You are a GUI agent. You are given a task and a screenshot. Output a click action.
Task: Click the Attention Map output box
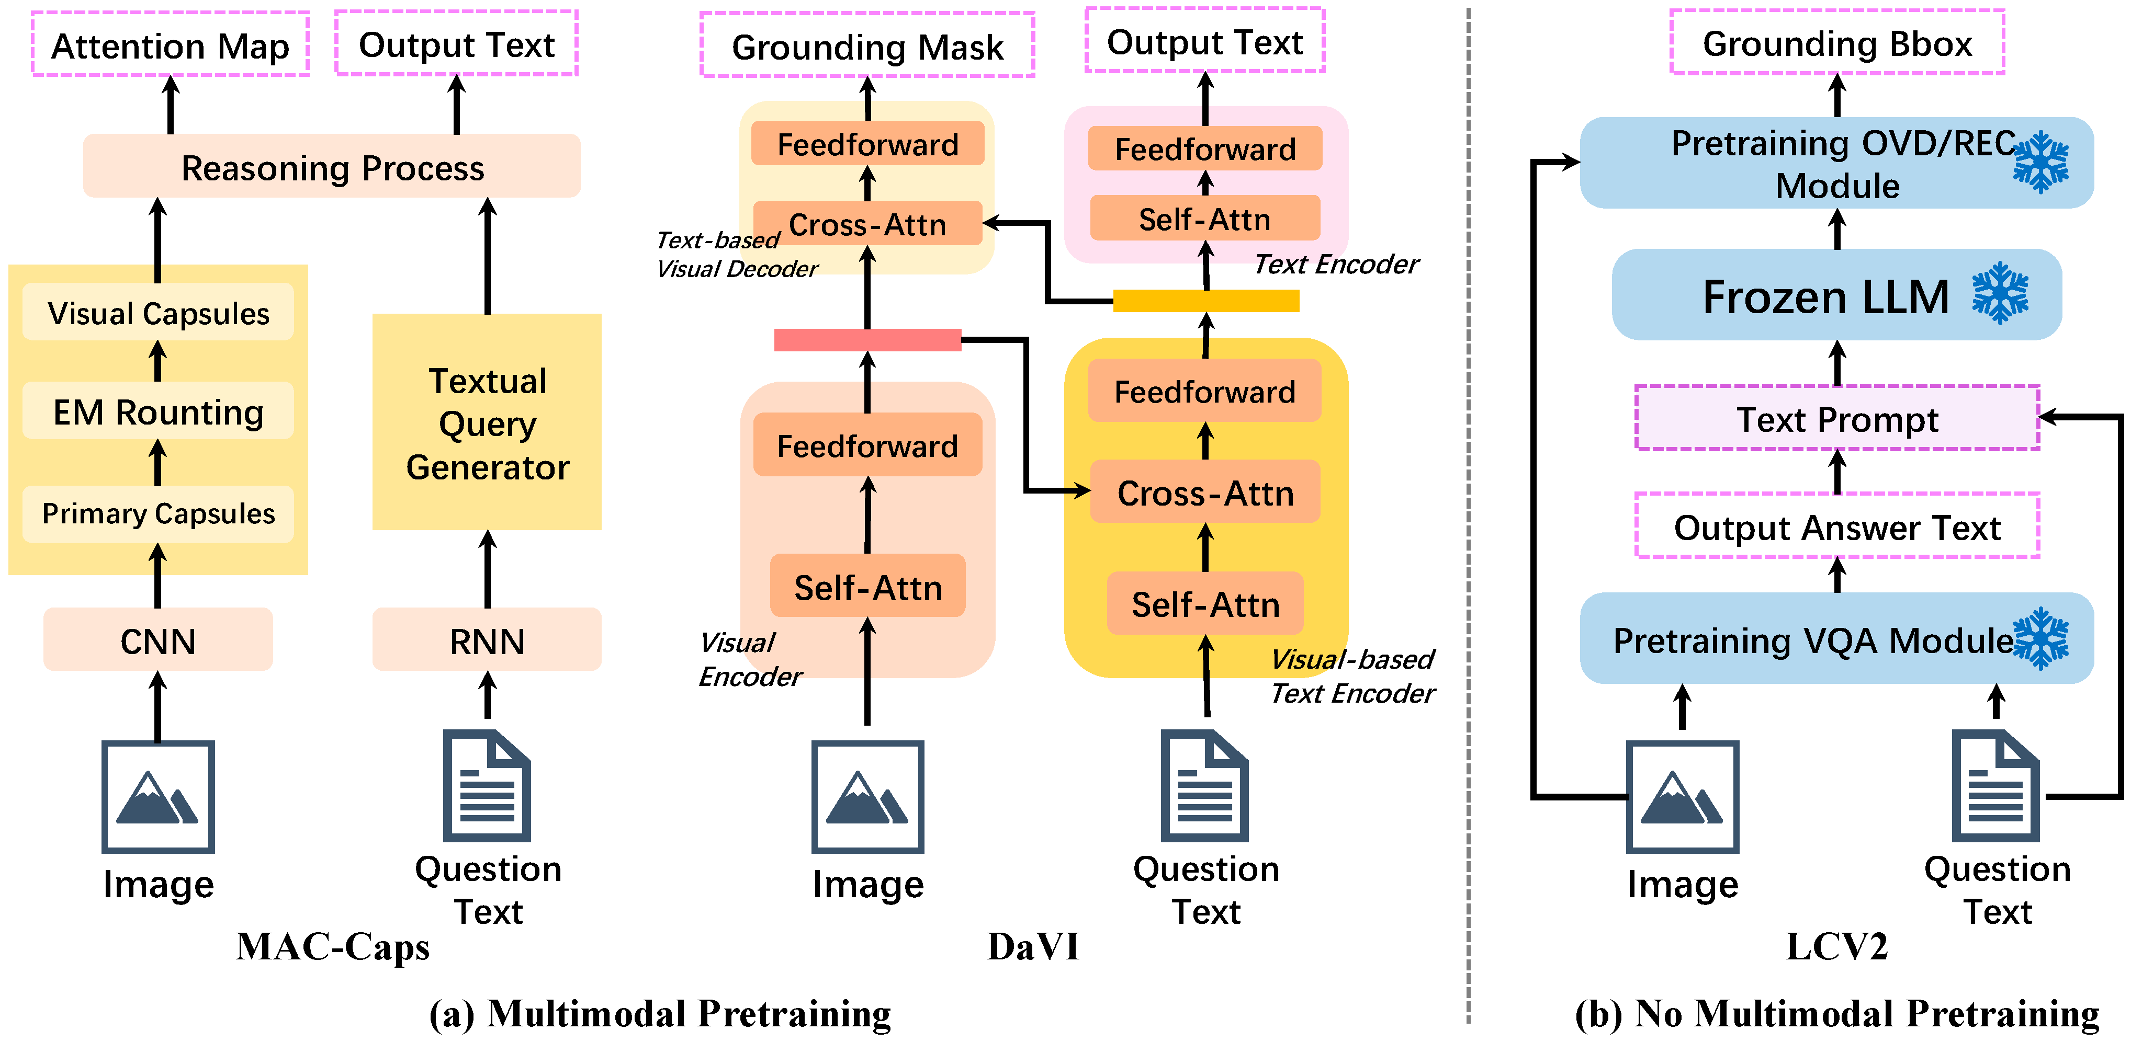[171, 44]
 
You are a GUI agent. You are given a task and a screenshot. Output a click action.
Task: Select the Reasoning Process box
[332, 166]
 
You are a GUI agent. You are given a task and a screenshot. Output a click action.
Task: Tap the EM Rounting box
[158, 410]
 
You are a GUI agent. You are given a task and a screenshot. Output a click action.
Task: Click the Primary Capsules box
[158, 513]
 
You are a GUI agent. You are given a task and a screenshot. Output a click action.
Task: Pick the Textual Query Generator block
[487, 422]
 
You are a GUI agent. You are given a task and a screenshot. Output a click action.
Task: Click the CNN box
[158, 639]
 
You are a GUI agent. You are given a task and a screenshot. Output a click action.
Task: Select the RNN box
[487, 639]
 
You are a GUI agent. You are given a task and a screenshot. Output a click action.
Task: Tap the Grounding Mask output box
[867, 45]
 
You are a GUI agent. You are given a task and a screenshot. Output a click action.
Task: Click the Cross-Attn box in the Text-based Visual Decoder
[867, 223]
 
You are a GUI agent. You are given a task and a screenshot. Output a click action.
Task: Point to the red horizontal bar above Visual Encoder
[867, 340]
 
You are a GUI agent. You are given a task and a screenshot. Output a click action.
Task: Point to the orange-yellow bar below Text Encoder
[1206, 300]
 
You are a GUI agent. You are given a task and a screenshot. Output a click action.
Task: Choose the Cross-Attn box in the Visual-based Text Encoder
[1205, 492]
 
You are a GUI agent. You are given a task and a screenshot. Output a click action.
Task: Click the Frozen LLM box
[1836, 295]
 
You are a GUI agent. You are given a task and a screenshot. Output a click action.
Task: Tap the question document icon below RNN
[487, 786]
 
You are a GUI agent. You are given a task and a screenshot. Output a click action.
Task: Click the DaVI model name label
[1033, 946]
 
